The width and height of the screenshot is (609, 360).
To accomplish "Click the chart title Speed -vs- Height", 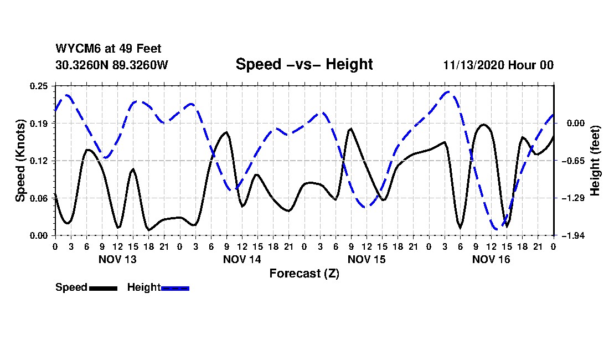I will point(304,64).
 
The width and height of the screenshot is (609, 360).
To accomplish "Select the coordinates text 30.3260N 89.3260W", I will point(111,65).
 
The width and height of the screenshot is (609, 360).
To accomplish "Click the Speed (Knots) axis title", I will point(20,161).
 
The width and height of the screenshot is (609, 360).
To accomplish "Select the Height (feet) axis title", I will point(595,161).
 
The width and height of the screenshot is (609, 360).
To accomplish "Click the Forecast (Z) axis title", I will point(304,273).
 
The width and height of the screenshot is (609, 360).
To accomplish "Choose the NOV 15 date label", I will point(367,259).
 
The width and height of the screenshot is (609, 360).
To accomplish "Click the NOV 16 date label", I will point(491,259).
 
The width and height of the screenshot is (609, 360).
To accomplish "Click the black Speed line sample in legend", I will point(103,288).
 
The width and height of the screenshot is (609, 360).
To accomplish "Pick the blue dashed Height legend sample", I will point(176,288).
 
